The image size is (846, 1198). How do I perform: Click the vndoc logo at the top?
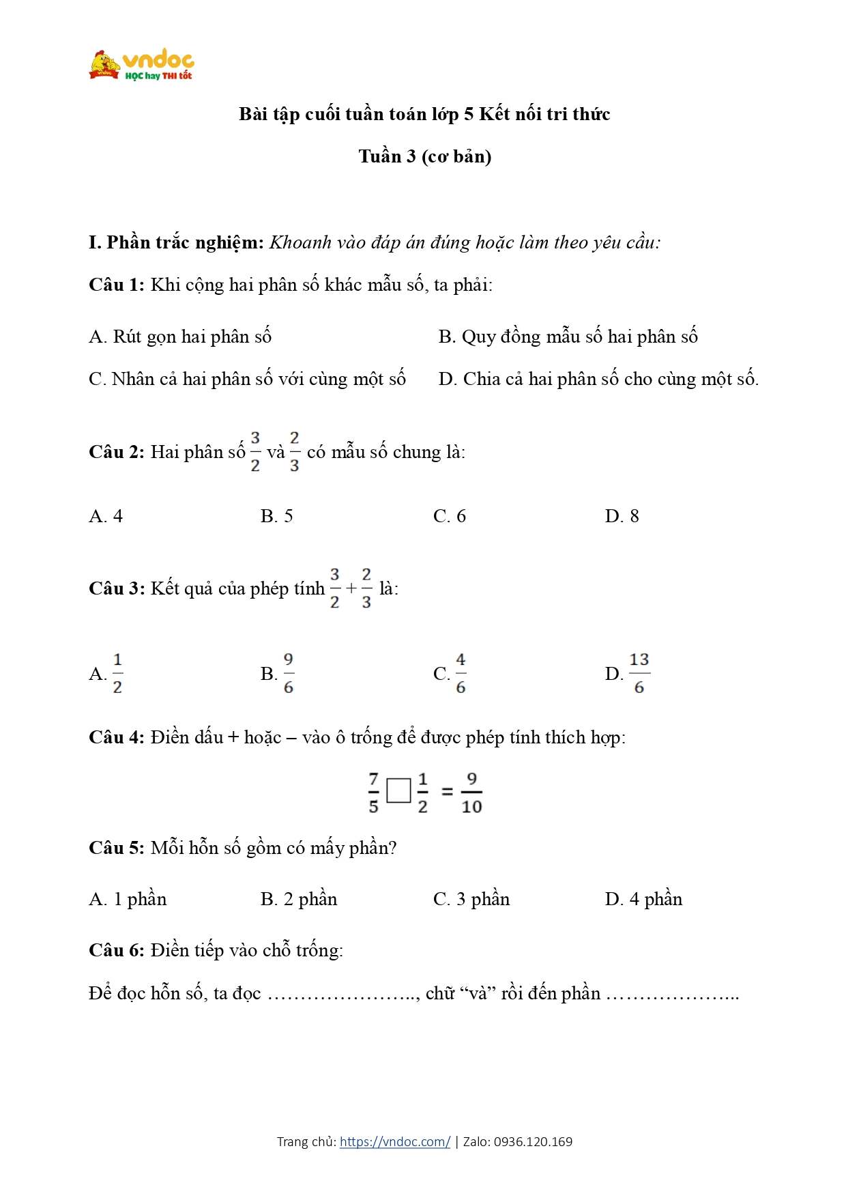[x=142, y=66]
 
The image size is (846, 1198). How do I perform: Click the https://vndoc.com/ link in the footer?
[x=394, y=1141]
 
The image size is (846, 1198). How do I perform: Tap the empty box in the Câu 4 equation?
[x=398, y=791]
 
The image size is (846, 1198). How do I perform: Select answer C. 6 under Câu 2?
[x=449, y=516]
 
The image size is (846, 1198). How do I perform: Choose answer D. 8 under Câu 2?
[x=622, y=516]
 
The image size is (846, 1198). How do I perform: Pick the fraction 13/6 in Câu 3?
[x=639, y=674]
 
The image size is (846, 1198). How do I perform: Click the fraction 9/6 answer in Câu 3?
[x=288, y=674]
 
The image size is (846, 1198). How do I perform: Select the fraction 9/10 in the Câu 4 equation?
[x=471, y=793]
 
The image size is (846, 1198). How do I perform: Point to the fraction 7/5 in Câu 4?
[x=373, y=793]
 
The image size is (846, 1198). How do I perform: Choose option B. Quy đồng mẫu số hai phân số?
[x=568, y=337]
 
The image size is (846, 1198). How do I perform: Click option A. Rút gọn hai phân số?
[x=180, y=337]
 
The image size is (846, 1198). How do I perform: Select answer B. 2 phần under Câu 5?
[x=299, y=899]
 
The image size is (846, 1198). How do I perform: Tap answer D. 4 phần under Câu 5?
[x=643, y=899]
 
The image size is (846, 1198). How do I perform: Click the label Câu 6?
[x=116, y=950]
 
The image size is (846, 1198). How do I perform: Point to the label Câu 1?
[x=116, y=285]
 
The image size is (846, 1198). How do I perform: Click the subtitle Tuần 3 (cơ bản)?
[x=424, y=156]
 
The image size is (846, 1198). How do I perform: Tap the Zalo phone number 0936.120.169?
[x=533, y=1141]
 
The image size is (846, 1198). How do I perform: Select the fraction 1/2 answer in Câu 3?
[x=117, y=674]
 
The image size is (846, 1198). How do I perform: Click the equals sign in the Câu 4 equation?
[x=447, y=792]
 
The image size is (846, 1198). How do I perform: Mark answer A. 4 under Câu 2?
[x=106, y=516]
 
